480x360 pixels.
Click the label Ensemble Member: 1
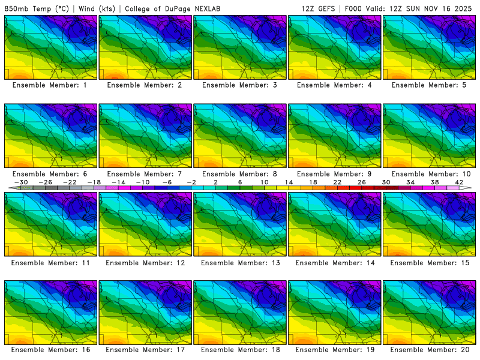tap(50, 85)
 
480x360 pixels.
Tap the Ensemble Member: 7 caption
tap(145, 173)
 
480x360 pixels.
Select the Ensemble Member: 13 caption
tap(240, 262)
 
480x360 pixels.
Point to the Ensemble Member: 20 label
tap(430, 349)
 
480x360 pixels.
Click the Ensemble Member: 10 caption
tap(430, 173)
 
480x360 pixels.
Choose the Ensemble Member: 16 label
tap(50, 349)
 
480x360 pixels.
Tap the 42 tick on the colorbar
tap(459, 182)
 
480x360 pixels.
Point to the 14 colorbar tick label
tap(289, 182)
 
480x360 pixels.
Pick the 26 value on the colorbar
tap(362, 182)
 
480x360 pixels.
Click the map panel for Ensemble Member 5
tap(430, 47)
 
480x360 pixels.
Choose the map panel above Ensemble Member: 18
tap(240, 311)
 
